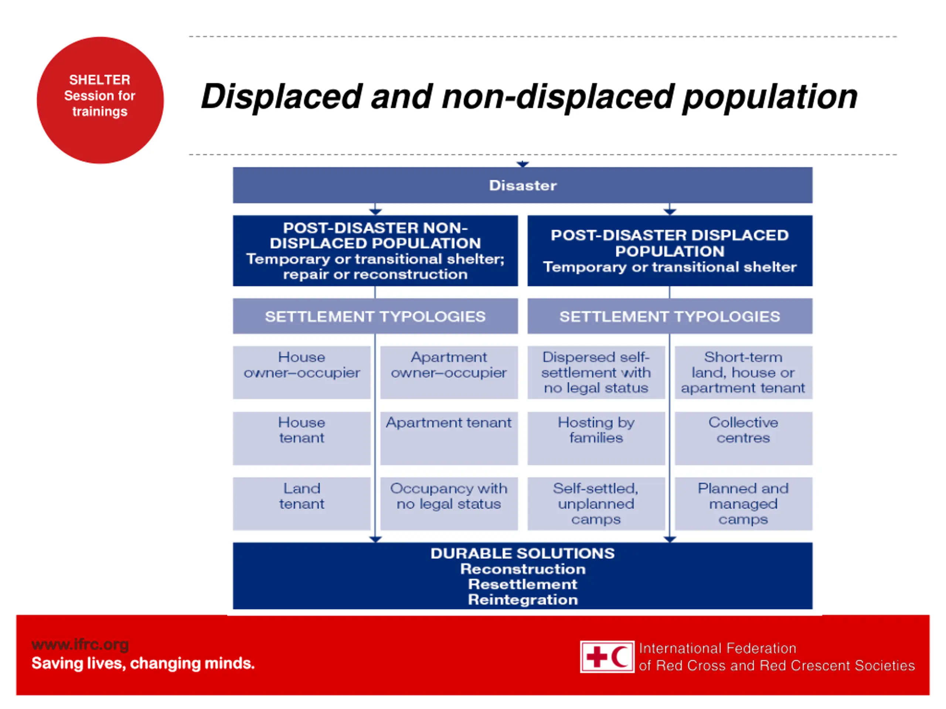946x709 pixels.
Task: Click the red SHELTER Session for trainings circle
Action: coord(100,100)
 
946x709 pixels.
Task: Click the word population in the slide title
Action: coord(770,97)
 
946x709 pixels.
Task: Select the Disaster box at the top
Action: coord(522,185)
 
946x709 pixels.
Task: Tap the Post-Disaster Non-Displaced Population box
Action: coord(375,250)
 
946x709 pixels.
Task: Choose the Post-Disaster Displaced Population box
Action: coord(670,250)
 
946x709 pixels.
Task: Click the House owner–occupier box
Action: coord(302,372)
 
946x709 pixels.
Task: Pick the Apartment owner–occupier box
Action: coord(449,372)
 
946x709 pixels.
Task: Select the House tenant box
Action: coord(302,438)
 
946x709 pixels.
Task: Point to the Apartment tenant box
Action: coord(449,438)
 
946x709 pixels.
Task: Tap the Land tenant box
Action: coord(302,503)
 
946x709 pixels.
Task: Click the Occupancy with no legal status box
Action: coord(449,503)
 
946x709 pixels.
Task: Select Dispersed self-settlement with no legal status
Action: coord(596,372)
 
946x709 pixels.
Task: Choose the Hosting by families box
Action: coord(596,438)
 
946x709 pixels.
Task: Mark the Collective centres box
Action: coord(743,438)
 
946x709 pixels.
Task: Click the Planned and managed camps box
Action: coord(743,503)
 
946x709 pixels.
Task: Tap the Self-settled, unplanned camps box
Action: coord(596,503)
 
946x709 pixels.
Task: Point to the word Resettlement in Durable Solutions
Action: coord(522,584)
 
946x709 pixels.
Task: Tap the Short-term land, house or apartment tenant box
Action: coord(743,372)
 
